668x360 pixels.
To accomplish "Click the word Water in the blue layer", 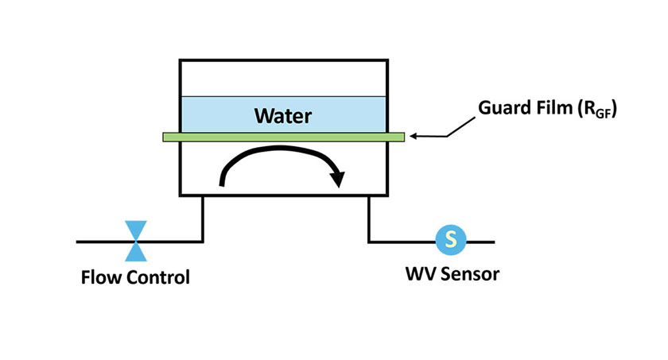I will (282, 117).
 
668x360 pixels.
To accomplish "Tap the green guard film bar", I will (284, 137).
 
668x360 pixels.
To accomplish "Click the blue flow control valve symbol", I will (137, 241).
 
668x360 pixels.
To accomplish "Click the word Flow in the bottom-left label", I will (100, 278).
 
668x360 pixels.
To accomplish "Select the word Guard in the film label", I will (504, 109).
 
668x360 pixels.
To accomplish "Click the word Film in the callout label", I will (556, 109).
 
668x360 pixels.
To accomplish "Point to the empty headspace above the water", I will (284, 78).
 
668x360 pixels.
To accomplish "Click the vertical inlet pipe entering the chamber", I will (203, 219).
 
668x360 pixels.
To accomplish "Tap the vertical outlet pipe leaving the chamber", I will (368, 219).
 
